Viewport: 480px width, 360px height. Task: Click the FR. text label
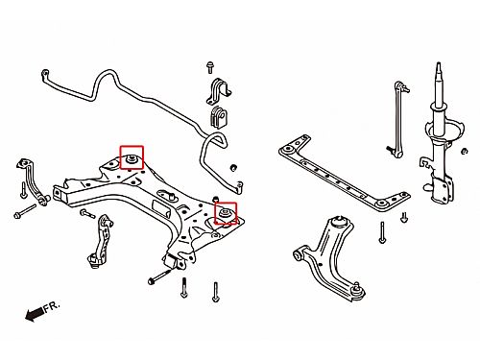(x=52, y=307)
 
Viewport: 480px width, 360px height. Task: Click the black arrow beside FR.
(x=35, y=313)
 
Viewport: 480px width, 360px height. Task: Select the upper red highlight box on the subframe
(x=132, y=157)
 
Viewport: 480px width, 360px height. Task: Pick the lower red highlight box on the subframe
(x=226, y=213)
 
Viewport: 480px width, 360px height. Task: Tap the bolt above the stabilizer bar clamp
(x=210, y=67)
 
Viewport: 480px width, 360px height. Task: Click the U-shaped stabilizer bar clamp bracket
(x=219, y=90)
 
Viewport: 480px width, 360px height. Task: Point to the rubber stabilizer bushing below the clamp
(x=218, y=118)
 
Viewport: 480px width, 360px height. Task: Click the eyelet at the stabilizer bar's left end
(x=45, y=73)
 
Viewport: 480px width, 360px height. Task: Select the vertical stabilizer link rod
(x=397, y=120)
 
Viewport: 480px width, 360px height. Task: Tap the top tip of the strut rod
(x=439, y=63)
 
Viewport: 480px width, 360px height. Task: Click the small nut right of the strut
(x=465, y=151)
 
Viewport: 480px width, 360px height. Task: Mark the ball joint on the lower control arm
(x=358, y=291)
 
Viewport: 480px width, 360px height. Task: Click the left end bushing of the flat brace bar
(x=288, y=149)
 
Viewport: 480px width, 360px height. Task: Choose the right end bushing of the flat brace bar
(x=381, y=204)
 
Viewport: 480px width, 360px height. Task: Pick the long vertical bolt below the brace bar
(x=382, y=232)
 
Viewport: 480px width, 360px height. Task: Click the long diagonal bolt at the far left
(x=25, y=211)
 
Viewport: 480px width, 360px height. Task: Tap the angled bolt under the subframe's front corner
(x=159, y=276)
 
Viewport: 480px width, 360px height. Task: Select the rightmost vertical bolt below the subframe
(x=216, y=292)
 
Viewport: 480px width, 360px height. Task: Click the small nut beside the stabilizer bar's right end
(x=234, y=167)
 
